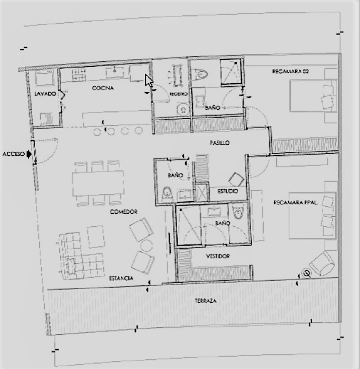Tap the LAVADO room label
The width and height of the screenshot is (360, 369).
45,94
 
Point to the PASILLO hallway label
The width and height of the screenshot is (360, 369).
220,142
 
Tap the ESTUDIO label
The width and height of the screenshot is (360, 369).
227,192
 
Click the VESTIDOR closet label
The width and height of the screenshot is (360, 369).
217,256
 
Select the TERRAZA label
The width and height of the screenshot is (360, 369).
206,301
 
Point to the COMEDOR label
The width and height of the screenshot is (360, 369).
124,211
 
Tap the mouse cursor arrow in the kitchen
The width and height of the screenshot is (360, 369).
149,80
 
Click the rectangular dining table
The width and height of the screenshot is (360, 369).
98,182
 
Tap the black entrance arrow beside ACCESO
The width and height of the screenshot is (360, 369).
29,154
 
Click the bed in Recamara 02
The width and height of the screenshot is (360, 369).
313,97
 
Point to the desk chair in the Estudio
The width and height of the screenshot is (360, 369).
234,179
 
